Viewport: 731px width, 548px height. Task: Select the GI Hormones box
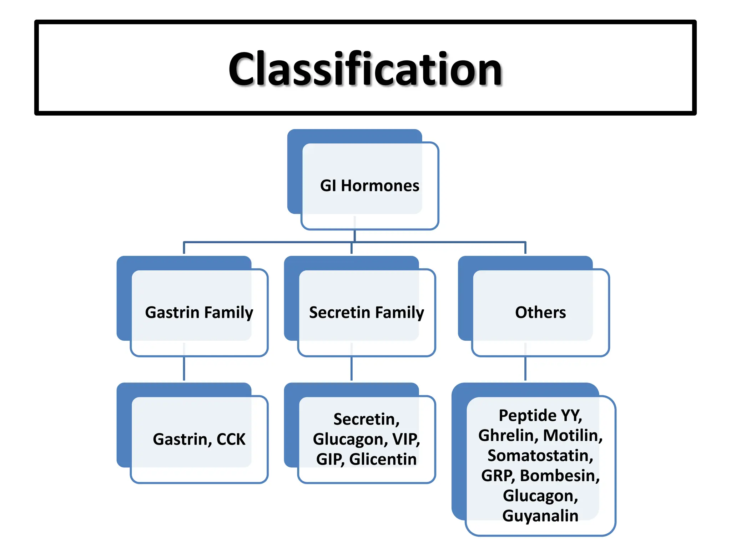pos(369,186)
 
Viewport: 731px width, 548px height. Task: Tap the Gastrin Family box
pos(199,312)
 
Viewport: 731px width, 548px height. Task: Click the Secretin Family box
pos(367,312)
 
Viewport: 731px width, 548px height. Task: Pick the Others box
pos(540,312)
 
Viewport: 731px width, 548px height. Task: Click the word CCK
pos(231,439)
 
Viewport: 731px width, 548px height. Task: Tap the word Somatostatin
pos(540,456)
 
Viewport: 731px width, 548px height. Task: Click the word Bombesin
pos(559,476)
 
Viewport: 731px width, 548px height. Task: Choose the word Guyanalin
pos(540,516)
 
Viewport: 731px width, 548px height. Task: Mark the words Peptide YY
pos(540,415)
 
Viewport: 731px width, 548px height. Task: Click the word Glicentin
pos(383,459)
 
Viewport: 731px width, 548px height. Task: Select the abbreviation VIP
pos(406,439)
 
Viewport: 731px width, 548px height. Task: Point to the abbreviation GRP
pos(498,476)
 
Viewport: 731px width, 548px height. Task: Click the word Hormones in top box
pos(380,186)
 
